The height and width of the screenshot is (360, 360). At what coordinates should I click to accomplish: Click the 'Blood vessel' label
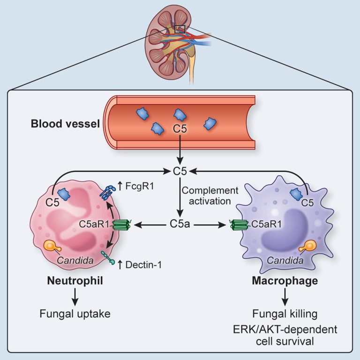65,124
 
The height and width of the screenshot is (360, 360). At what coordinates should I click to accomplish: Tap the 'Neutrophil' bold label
75,281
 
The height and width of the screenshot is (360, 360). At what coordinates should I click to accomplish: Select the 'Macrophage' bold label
285,281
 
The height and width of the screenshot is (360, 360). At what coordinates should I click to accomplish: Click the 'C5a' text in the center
180,224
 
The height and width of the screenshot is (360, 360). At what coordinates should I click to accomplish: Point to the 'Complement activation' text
210,196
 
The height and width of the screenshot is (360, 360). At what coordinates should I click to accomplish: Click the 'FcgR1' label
139,186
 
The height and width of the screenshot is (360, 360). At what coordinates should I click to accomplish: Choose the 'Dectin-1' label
143,265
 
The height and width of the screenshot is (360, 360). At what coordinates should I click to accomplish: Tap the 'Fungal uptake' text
75,314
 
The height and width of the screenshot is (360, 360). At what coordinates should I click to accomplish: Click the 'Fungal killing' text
285,314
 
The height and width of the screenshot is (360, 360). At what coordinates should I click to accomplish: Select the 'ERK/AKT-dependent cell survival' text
285,336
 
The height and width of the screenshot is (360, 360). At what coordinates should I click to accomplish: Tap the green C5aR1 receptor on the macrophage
239,225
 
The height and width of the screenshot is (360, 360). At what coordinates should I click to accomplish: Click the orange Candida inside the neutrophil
52,247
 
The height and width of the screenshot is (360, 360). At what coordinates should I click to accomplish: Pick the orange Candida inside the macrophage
308,247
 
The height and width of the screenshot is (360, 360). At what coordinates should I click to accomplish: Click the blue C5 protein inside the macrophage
296,194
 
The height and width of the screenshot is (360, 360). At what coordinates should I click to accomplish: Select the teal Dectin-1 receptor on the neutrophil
108,258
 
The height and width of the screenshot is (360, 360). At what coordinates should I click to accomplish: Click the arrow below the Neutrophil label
75,297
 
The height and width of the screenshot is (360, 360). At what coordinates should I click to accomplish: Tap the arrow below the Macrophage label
285,297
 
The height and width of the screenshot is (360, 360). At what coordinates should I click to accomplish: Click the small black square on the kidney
180,29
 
